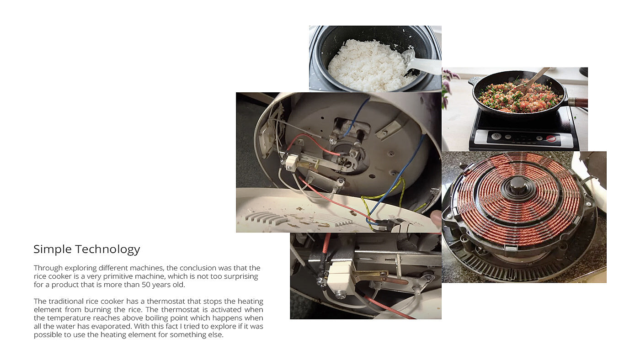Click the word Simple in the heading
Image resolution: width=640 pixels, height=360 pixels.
[53, 249]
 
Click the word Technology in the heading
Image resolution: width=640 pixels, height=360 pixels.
[108, 249]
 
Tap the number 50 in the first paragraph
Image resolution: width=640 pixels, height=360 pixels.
[146, 285]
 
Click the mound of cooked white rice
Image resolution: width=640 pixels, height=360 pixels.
[368, 66]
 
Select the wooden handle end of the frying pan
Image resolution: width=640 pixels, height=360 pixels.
[579, 102]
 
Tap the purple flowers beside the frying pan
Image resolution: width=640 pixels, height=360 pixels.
[448, 85]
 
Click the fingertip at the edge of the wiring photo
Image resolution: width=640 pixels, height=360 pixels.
[436, 218]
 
